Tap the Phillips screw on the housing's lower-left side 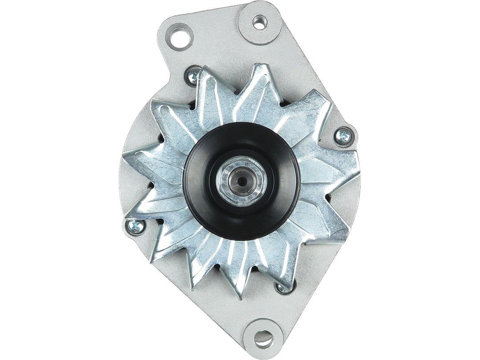tap(136, 226)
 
